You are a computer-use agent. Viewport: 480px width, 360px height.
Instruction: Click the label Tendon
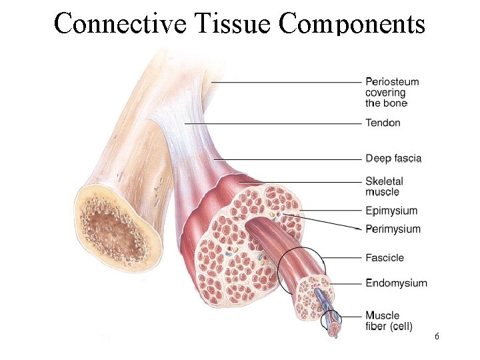tap(383, 123)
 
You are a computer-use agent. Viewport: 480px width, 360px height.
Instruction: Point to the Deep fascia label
tap(393, 159)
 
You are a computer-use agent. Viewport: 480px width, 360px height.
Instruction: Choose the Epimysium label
tap(391, 211)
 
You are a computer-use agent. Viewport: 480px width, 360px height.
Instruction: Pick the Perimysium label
tap(393, 229)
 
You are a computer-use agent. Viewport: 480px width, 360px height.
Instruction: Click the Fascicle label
tap(385, 258)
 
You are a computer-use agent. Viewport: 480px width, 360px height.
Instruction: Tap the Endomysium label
tap(396, 283)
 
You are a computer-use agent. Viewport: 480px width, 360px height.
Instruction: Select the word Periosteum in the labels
tap(392, 82)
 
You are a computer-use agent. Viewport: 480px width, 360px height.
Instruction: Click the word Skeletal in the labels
tap(384, 181)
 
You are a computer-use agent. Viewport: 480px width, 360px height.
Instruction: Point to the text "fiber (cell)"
tap(389, 326)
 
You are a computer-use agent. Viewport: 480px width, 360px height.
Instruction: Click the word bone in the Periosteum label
tap(396, 103)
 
